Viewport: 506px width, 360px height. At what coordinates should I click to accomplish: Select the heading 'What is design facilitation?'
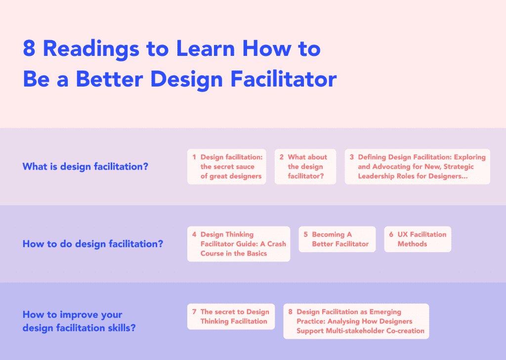click(85, 167)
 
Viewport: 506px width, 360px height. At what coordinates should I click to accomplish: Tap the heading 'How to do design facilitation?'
click(93, 244)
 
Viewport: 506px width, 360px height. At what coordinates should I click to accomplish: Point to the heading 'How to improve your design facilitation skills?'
click(79, 321)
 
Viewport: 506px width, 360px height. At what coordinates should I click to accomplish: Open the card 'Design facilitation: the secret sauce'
click(226, 167)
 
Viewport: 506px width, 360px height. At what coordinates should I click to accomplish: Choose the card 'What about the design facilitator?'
click(305, 167)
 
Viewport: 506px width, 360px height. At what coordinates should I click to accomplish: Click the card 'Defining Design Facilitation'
click(417, 167)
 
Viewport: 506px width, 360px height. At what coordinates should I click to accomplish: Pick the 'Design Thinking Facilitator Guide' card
click(238, 244)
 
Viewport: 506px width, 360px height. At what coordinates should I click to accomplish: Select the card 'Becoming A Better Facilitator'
click(337, 239)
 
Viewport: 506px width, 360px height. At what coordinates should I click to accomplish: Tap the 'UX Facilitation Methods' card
click(418, 239)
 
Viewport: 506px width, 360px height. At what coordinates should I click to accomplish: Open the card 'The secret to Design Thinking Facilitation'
click(230, 316)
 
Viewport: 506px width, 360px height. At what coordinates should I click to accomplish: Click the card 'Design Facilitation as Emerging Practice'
click(356, 321)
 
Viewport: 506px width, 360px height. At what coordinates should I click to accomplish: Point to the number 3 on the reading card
click(352, 157)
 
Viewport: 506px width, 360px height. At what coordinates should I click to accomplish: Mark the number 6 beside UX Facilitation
click(391, 234)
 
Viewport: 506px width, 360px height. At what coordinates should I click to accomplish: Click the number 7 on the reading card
click(194, 312)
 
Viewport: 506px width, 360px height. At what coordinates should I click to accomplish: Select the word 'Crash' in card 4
click(277, 244)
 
